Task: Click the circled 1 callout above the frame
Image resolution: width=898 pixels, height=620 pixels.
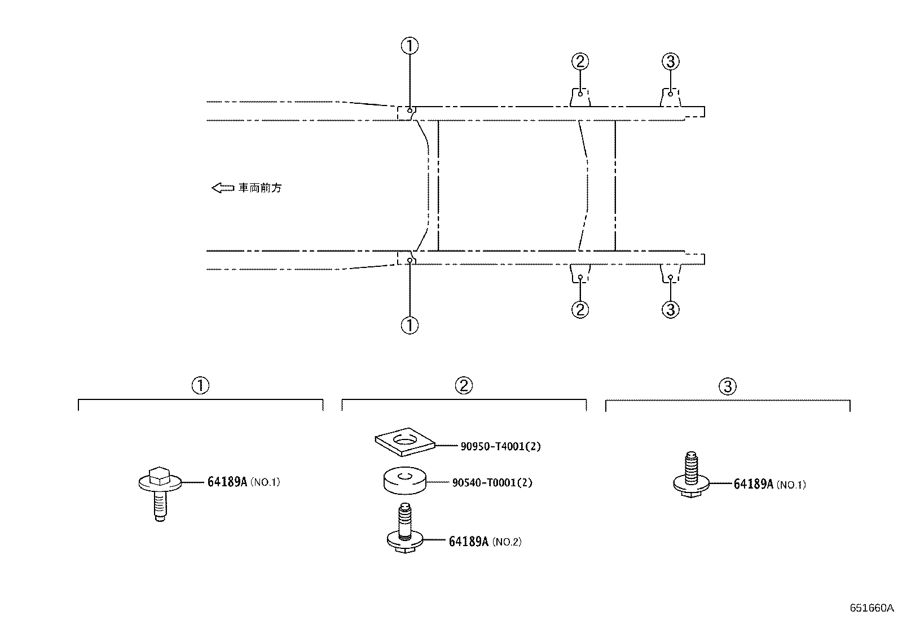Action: tap(410, 46)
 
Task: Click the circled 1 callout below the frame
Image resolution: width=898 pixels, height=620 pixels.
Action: tap(410, 326)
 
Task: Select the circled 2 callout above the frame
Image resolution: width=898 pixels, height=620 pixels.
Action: tap(580, 61)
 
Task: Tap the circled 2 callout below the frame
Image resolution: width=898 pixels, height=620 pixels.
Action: tap(580, 309)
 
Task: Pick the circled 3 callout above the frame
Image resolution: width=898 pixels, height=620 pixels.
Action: tap(671, 61)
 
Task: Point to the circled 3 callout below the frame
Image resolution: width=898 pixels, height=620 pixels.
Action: tap(671, 309)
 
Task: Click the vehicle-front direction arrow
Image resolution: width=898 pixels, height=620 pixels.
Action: tap(223, 187)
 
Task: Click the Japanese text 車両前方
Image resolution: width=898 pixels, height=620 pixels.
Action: tap(260, 188)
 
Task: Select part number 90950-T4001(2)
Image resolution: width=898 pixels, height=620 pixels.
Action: tap(500, 446)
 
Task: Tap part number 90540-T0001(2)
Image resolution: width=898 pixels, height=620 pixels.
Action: tap(492, 482)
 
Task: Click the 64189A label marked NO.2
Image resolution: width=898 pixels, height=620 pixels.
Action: tap(485, 542)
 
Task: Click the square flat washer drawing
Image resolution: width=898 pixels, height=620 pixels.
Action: tap(405, 442)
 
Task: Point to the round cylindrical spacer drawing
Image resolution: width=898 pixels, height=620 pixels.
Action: tap(405, 480)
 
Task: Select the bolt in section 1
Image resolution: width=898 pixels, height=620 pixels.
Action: tap(160, 494)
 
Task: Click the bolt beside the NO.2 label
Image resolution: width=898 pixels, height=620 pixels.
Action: tap(405, 529)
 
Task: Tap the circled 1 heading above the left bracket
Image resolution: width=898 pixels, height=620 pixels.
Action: tap(200, 385)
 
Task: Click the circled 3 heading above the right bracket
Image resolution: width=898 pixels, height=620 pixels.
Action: tap(728, 386)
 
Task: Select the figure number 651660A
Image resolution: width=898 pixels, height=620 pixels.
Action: tap(871, 608)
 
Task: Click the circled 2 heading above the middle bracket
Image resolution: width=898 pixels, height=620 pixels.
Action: tap(464, 385)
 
